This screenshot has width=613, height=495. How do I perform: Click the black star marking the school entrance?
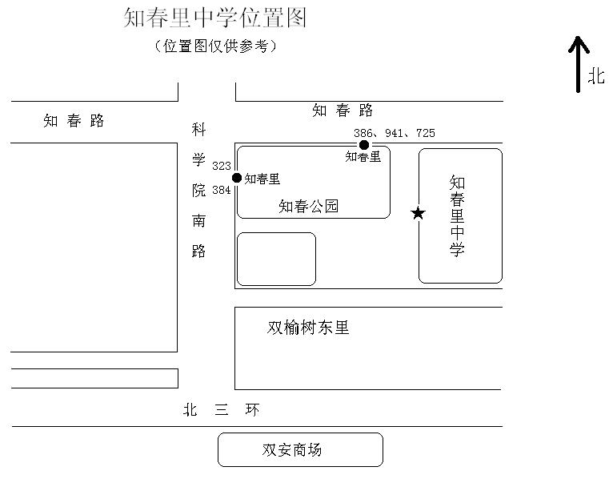[x=418, y=213]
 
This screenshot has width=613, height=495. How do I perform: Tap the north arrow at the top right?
[x=579, y=64]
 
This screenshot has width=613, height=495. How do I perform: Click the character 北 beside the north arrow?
[x=597, y=76]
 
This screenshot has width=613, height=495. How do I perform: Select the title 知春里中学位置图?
[x=215, y=18]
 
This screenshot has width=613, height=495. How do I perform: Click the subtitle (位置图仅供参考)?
[x=215, y=46]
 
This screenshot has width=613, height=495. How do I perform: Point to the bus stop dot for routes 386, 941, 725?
[x=364, y=145]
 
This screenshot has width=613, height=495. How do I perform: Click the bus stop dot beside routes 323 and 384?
[x=237, y=178]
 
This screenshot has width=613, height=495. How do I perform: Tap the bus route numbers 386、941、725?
[x=395, y=133]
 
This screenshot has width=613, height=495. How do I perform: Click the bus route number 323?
[x=222, y=167]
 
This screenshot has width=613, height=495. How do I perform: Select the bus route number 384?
[x=222, y=191]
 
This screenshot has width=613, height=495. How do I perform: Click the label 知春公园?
[x=308, y=207]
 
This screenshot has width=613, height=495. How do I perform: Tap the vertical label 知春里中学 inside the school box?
[x=457, y=216]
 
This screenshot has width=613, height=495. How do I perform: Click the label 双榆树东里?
[x=308, y=328]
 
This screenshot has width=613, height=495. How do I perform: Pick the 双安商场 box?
[x=300, y=449]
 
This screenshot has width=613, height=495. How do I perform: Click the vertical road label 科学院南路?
[x=198, y=190]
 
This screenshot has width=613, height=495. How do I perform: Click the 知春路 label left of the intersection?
[x=74, y=122]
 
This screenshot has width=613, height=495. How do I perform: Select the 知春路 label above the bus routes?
[x=343, y=111]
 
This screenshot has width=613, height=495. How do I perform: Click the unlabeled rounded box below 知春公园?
[x=276, y=259]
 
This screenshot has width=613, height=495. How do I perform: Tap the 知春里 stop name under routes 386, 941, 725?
[x=363, y=157]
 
